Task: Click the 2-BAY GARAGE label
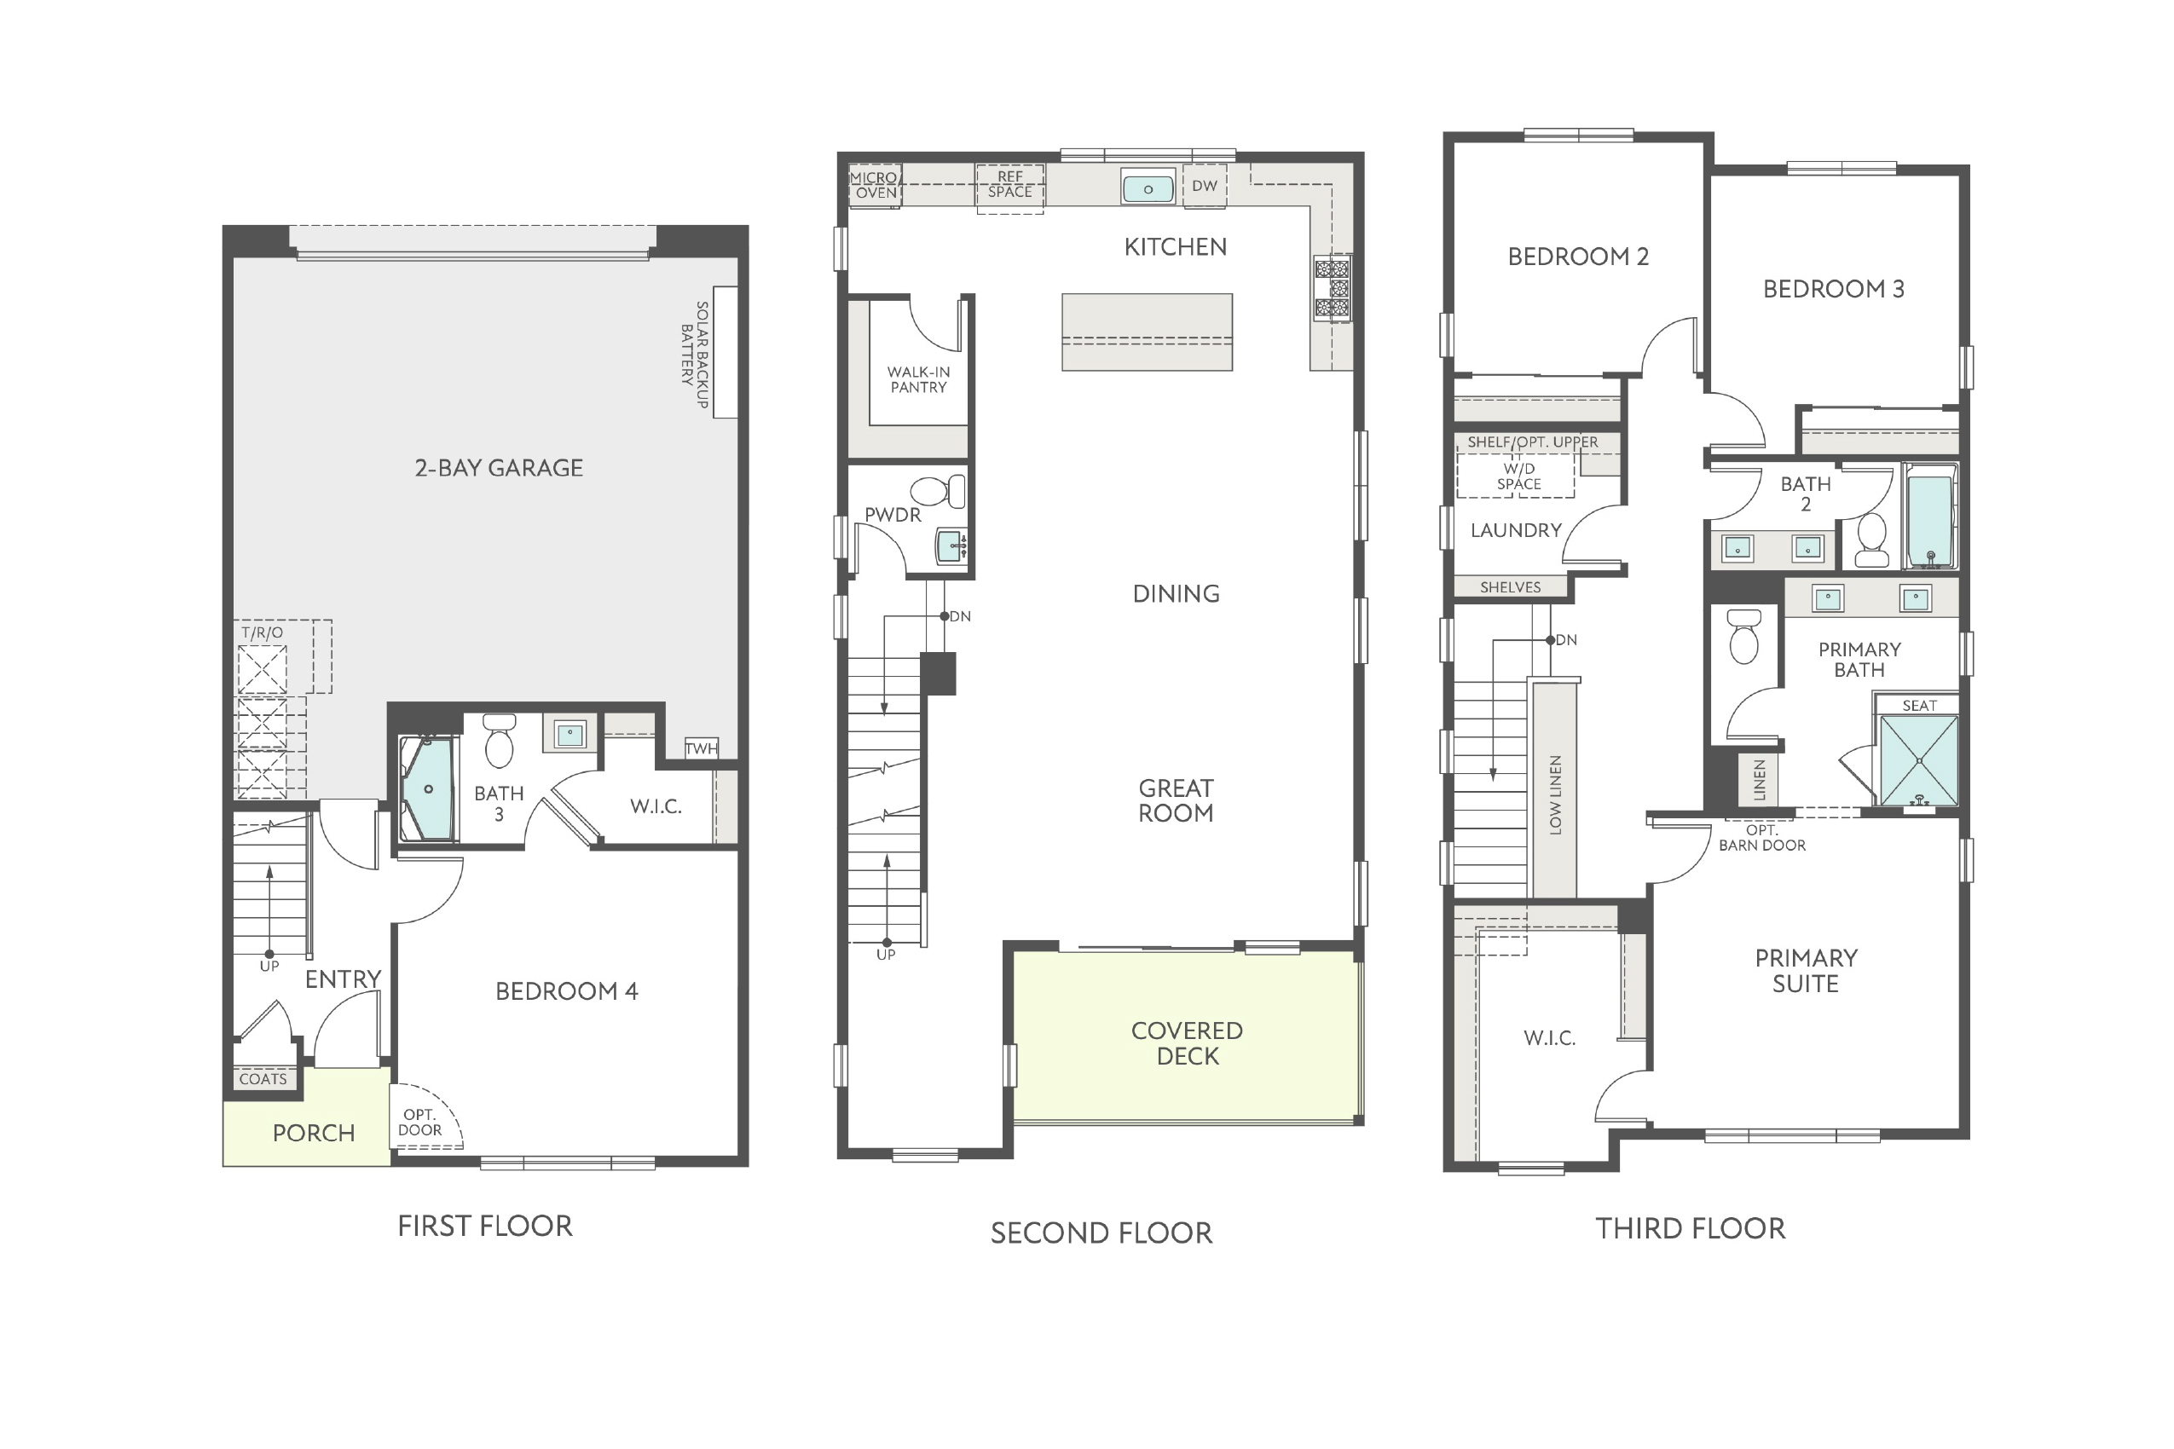[498, 468]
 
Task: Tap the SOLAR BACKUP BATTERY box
[726, 352]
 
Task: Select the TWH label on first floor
[702, 748]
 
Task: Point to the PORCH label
[314, 1133]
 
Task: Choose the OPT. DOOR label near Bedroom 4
[419, 1122]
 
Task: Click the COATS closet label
[263, 1078]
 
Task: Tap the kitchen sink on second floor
[1148, 188]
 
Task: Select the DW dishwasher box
[1205, 186]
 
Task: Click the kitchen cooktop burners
[1332, 289]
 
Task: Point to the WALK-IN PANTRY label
[918, 380]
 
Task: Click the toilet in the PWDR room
[937, 491]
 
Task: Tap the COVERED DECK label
[1187, 1043]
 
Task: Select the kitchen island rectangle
[1147, 332]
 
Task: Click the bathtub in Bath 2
[1930, 516]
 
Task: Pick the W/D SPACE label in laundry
[1518, 476]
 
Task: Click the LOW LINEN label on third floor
[1555, 795]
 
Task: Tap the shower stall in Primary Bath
[1920, 760]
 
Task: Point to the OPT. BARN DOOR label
[1761, 837]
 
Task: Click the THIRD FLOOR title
[1691, 1228]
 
